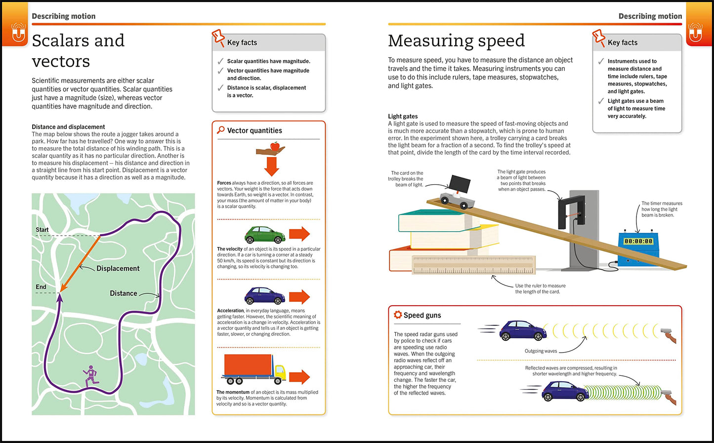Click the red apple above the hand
click(274, 146)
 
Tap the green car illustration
click(265, 235)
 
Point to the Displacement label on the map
click(118, 269)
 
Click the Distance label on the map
click(123, 293)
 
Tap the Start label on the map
click(42, 230)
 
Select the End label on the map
click(41, 287)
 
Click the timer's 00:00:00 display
click(638, 242)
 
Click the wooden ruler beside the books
click(474, 265)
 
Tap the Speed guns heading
click(422, 316)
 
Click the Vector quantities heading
click(254, 131)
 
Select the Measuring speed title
click(456, 41)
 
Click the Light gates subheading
click(403, 117)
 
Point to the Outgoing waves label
click(541, 351)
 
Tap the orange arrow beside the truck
click(299, 377)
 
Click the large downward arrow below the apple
click(272, 166)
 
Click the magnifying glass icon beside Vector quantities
click(221, 130)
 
